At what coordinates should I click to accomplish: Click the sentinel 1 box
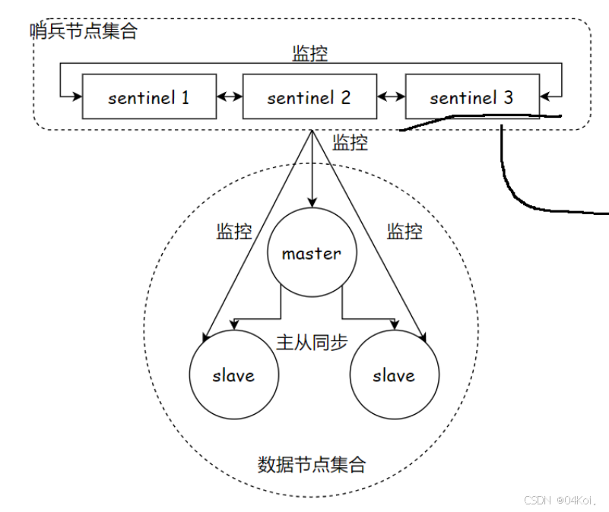(148, 97)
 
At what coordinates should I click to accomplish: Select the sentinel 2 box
(309, 97)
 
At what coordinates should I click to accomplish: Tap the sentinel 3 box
(471, 97)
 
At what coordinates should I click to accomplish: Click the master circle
(312, 254)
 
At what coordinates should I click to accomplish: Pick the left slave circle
(233, 375)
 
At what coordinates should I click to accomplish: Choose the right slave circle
(394, 375)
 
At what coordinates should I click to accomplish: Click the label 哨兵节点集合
(84, 32)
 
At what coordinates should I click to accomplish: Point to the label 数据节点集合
(312, 464)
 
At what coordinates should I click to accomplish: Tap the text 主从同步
(312, 342)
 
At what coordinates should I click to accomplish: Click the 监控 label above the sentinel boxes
(310, 54)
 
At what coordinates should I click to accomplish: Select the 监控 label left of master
(234, 232)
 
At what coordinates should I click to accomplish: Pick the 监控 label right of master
(404, 232)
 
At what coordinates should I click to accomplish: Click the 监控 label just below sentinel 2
(350, 143)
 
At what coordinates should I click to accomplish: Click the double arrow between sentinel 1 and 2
(229, 97)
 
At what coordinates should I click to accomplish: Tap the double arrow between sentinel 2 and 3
(391, 97)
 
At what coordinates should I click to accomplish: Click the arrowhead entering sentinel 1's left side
(76, 96)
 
